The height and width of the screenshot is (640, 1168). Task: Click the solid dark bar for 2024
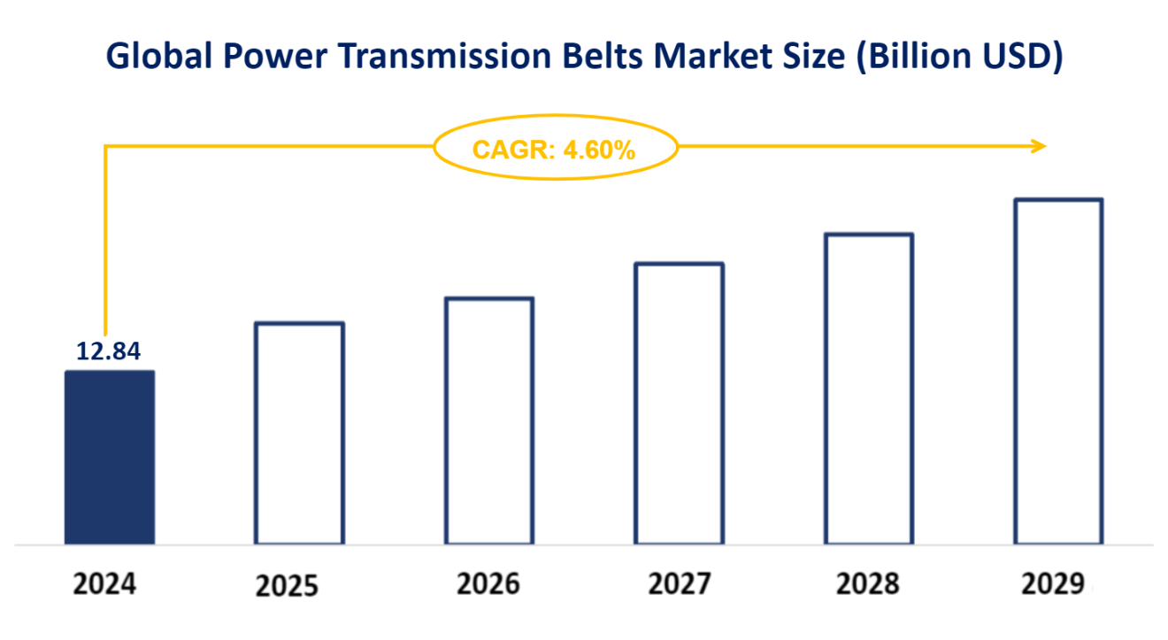pos(110,457)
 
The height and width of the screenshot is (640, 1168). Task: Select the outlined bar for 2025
pos(299,433)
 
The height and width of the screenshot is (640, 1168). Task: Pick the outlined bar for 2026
pos(489,420)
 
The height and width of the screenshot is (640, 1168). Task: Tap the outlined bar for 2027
pos(680,404)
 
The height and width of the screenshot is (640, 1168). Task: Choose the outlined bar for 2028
pos(869,389)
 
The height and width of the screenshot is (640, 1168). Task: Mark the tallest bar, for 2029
pos(1058,371)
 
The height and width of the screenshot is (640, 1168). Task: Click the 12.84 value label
pos(109,351)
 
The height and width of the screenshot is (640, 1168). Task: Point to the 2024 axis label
pos(105,585)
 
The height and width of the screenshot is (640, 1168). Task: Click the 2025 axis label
pos(287,587)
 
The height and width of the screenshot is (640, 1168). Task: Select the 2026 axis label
pos(488,585)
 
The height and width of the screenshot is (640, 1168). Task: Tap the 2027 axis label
pos(679,585)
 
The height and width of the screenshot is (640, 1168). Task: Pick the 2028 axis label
pos(867,585)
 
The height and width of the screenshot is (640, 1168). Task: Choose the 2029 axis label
pos(1052,585)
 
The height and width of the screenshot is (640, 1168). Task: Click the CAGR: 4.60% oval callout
pos(554,149)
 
